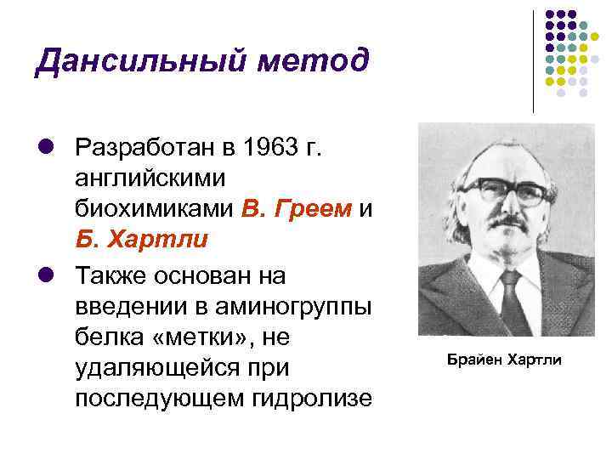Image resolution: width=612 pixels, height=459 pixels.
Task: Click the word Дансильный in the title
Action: click(x=140, y=61)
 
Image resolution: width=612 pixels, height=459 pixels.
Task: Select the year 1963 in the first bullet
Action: click(x=270, y=147)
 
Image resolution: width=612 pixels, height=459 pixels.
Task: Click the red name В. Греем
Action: click(x=297, y=209)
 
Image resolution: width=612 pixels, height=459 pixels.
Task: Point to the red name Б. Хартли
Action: click(x=142, y=239)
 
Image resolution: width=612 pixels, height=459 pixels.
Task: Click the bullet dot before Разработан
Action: click(x=46, y=146)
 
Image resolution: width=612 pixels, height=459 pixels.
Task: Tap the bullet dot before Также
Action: click(x=46, y=275)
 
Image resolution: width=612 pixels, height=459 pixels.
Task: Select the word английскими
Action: click(x=150, y=178)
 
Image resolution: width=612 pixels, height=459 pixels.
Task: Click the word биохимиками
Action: click(x=154, y=208)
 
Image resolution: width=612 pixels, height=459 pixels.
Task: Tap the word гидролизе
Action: click(x=312, y=399)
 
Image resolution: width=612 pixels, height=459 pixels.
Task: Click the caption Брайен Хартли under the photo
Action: click(x=504, y=360)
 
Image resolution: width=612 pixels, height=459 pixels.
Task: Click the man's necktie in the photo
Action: click(x=513, y=302)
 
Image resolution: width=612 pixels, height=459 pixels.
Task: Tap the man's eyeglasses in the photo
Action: click(x=507, y=191)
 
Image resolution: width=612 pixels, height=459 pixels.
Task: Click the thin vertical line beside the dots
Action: click(x=533, y=62)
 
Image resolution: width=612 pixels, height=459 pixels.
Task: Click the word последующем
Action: click(x=159, y=399)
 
